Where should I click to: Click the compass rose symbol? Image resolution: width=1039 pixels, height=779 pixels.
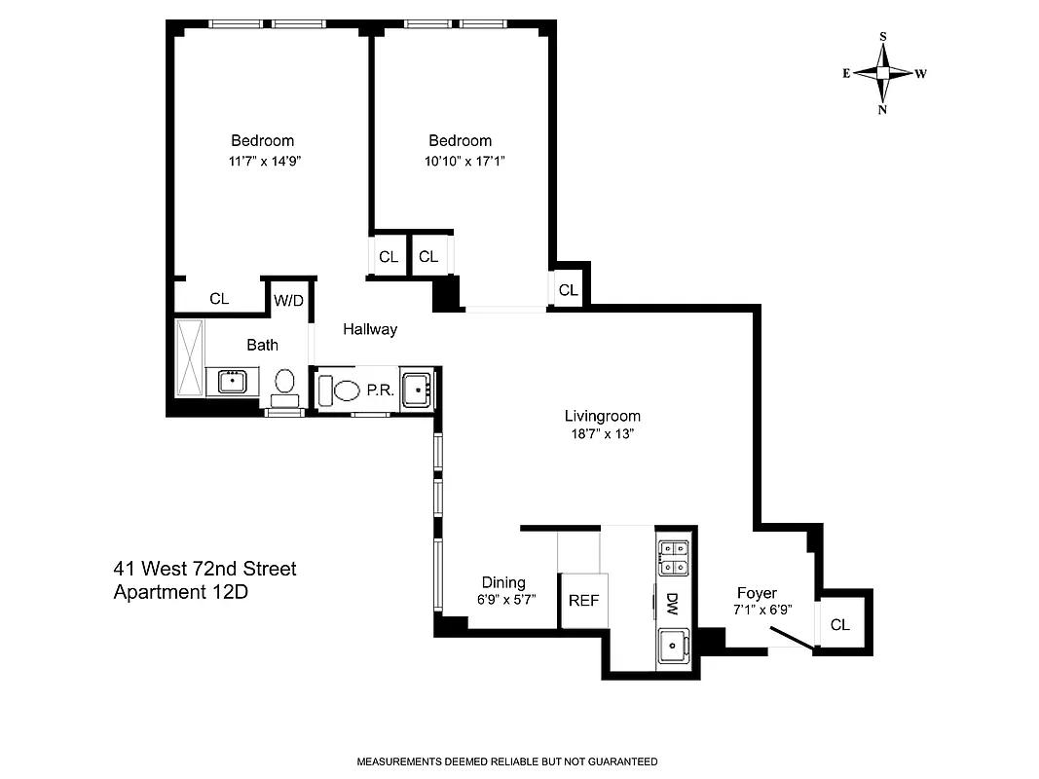883,73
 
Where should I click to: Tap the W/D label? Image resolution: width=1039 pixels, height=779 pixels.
287,300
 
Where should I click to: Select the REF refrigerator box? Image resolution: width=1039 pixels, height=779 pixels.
583,601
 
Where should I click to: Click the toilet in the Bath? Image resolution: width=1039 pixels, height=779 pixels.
285,384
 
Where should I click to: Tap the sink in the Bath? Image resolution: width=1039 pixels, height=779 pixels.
232,381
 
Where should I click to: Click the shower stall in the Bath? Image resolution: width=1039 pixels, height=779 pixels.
189,357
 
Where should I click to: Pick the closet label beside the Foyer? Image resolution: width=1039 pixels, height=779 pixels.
840,625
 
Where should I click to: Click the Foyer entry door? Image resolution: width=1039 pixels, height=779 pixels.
790,637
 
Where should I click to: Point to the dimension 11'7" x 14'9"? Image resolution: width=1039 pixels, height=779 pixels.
262,162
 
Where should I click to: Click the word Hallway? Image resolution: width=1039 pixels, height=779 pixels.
370,329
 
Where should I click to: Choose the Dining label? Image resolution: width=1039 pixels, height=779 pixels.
503,582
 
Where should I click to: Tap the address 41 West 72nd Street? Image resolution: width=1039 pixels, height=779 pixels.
204,568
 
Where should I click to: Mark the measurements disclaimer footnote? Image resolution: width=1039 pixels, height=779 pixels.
507,761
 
